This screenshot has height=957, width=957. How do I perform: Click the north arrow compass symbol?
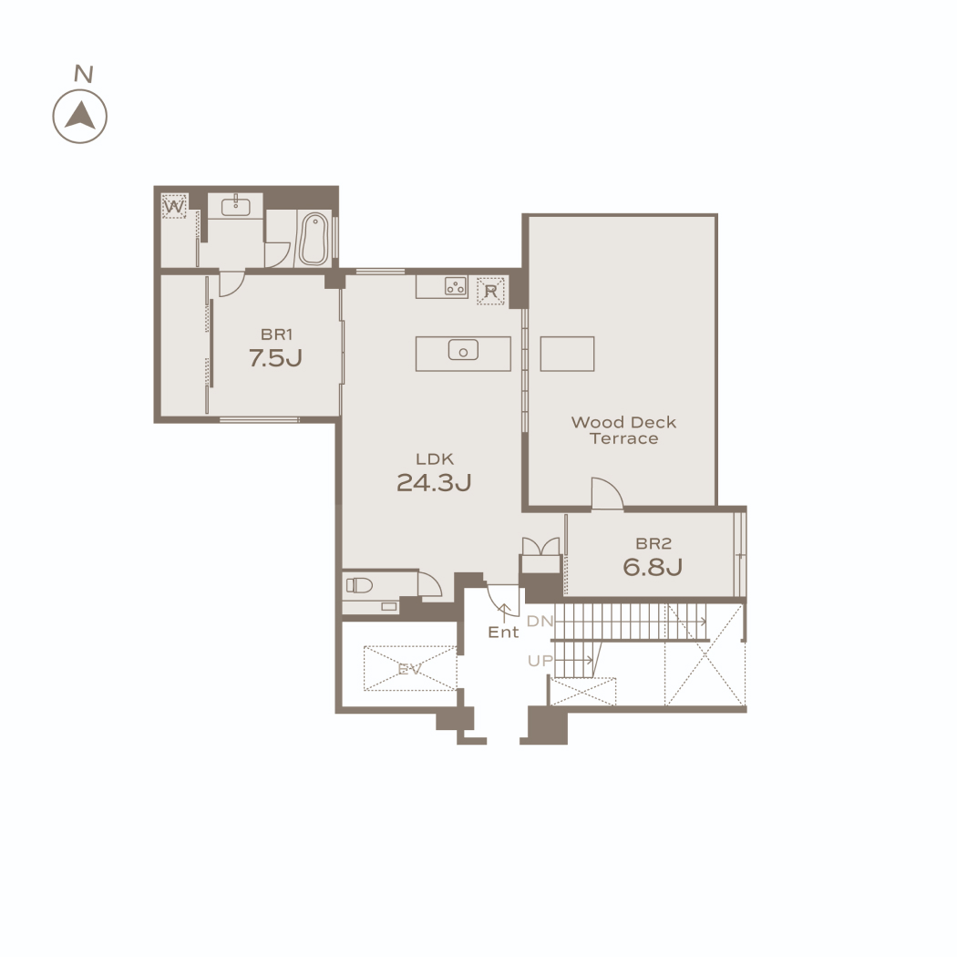point(80,117)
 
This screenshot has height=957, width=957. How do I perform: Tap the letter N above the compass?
point(84,74)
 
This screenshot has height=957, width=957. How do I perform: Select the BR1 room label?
point(276,334)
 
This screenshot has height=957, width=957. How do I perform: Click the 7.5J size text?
point(275,357)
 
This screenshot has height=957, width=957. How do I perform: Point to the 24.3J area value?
point(434,483)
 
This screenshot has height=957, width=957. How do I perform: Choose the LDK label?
point(435,459)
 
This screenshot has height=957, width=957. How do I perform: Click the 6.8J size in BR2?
point(653,567)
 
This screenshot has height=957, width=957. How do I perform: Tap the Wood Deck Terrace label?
point(623,430)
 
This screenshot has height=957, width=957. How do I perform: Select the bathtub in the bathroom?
point(314,239)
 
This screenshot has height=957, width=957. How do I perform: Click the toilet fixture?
point(359,586)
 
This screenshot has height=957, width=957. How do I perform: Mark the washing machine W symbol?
point(174,207)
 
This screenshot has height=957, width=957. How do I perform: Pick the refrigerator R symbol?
point(490,291)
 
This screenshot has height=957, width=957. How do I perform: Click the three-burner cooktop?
point(456,285)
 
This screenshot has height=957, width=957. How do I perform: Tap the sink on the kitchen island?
point(463,350)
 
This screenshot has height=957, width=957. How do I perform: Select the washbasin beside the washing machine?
point(235,206)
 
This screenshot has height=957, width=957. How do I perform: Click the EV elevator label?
point(409,669)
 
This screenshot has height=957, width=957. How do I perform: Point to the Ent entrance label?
point(503,633)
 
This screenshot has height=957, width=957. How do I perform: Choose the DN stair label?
point(540,622)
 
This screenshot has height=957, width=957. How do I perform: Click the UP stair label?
point(540,661)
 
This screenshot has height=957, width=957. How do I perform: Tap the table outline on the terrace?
point(567,354)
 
